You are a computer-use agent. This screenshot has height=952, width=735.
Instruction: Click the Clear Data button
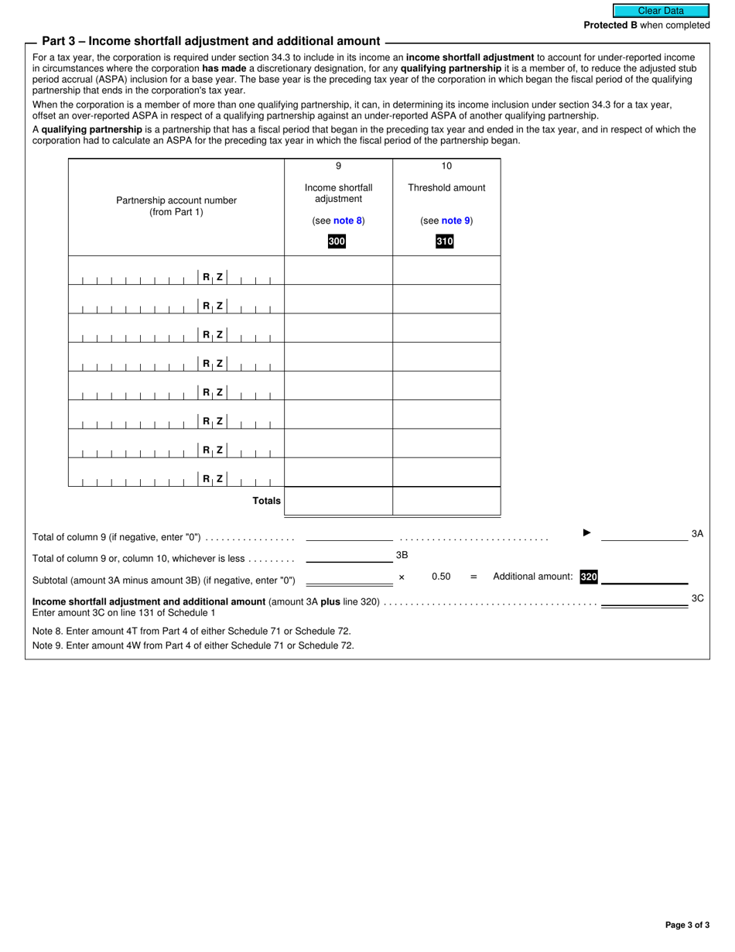pyautogui.click(x=661, y=11)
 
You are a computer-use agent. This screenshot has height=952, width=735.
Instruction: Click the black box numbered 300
pyautogui.click(x=337, y=241)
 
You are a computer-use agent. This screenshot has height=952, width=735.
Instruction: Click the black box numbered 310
pyautogui.click(x=444, y=241)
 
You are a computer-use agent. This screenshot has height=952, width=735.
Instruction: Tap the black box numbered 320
pyautogui.click(x=589, y=577)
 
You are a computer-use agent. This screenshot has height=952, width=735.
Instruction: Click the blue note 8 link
pyautogui.click(x=347, y=221)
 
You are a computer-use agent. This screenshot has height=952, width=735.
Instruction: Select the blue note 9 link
pyautogui.click(x=456, y=221)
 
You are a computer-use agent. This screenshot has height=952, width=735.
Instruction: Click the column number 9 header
pyautogui.click(x=338, y=166)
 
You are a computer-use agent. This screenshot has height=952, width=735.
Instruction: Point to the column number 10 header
pyautogui.click(x=446, y=166)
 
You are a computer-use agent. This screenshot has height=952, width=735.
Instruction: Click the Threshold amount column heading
pyautogui.click(x=446, y=187)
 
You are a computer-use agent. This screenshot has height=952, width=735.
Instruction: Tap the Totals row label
pyautogui.click(x=267, y=501)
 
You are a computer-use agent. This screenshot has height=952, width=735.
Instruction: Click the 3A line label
pyautogui.click(x=697, y=534)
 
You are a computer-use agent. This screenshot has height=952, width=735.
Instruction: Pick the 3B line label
pyautogui.click(x=402, y=555)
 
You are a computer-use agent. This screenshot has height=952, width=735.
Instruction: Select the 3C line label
pyautogui.click(x=697, y=598)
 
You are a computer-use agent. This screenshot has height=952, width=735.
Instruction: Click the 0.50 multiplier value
pyautogui.click(x=441, y=577)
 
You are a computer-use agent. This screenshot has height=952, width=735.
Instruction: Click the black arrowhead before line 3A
pyautogui.click(x=586, y=533)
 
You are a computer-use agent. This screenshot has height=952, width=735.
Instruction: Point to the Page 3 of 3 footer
pyautogui.click(x=687, y=924)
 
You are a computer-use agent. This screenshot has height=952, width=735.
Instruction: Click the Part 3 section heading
pyautogui.click(x=210, y=41)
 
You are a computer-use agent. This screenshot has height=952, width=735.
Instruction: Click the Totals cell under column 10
pyautogui.click(x=446, y=502)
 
